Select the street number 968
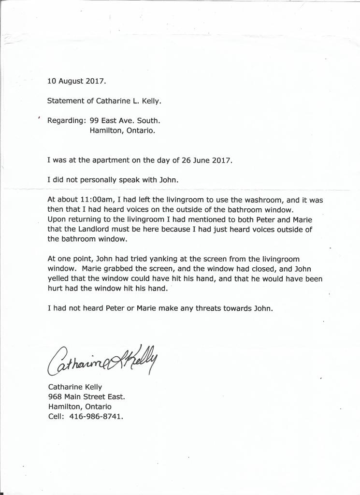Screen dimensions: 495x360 [x=55, y=396]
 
